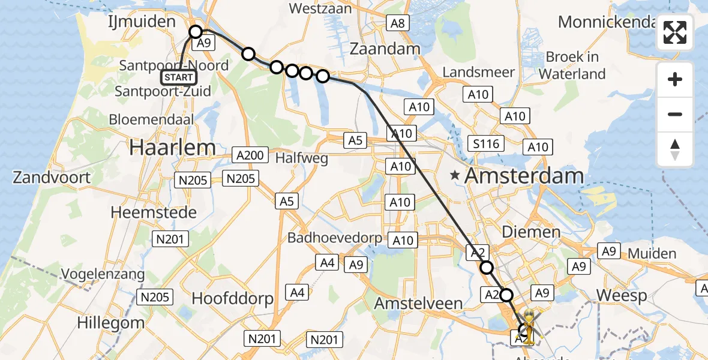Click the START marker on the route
click(179, 77)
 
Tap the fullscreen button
click(675, 32)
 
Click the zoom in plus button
click(675, 79)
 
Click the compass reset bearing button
click(675, 149)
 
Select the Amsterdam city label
click(524, 176)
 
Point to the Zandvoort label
click(52, 177)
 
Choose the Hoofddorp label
click(232, 299)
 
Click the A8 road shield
click(397, 24)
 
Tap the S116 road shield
click(485, 143)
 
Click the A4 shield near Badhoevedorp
click(327, 262)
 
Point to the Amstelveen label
click(418, 303)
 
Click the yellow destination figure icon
click(529, 325)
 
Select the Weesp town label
click(622, 295)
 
